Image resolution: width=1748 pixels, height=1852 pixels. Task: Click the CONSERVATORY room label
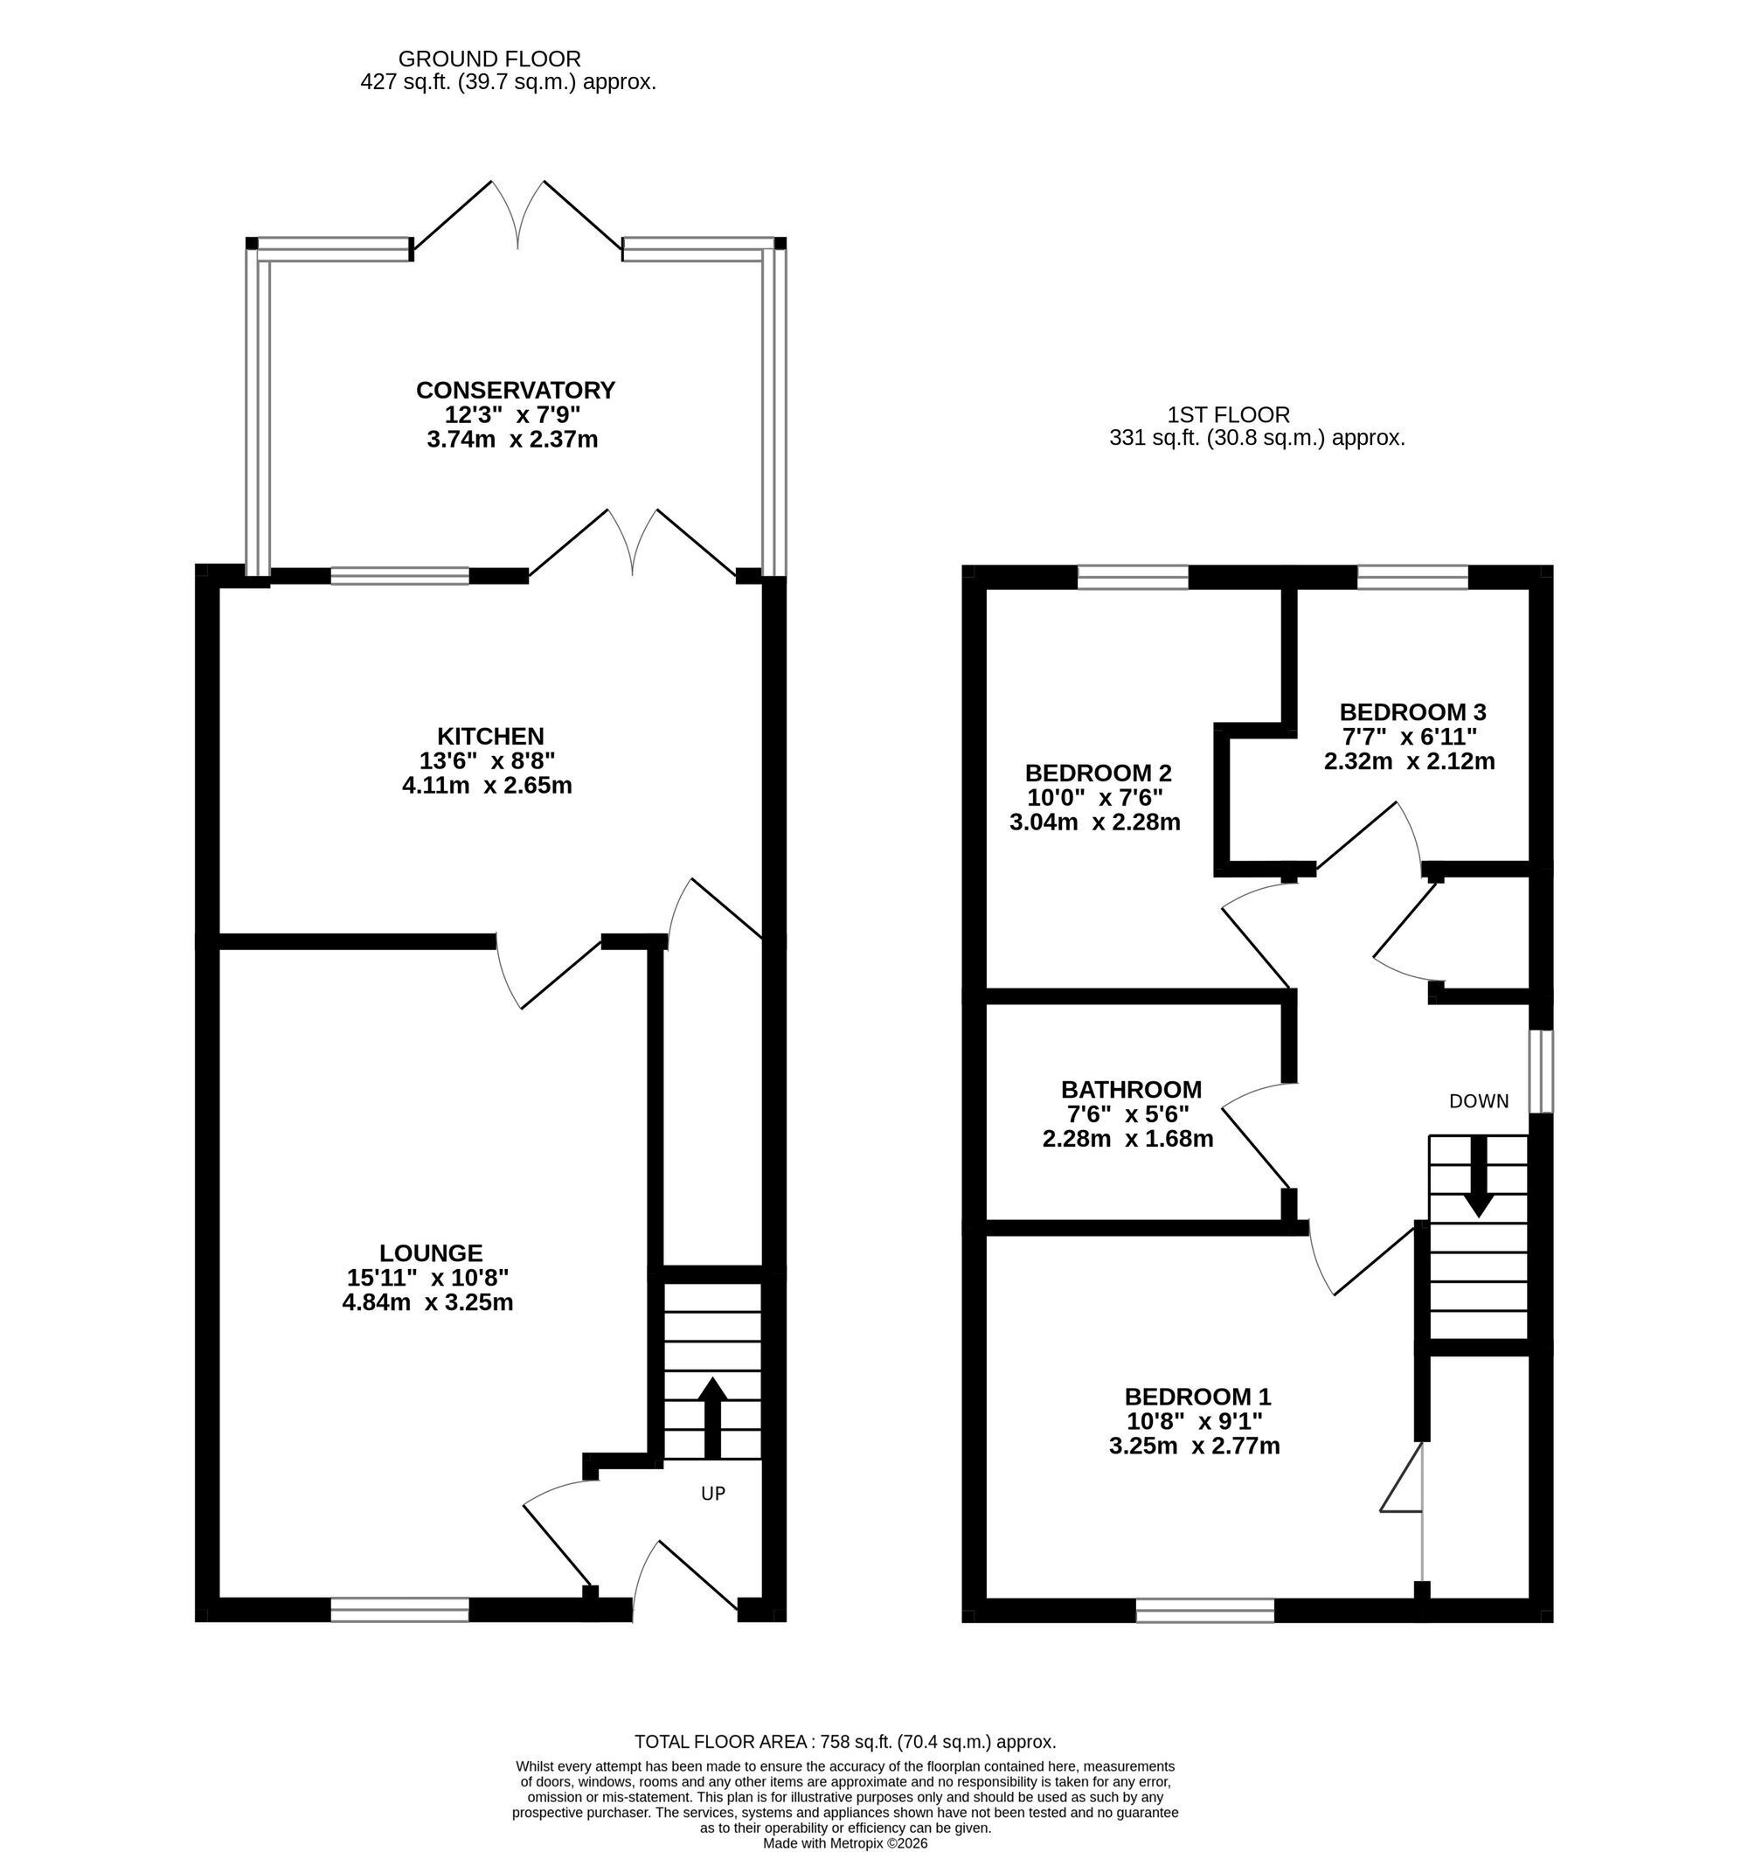coord(516,390)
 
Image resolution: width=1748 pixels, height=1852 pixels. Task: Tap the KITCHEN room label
coord(490,736)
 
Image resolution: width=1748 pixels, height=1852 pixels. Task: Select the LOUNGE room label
coord(431,1253)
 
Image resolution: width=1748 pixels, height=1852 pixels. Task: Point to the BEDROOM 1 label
coord(1197,1397)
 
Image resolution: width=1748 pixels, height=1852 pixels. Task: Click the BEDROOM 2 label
coord(1098,773)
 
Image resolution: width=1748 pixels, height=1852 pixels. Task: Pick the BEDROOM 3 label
coord(1412,711)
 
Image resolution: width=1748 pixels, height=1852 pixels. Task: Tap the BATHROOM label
coord(1131,1089)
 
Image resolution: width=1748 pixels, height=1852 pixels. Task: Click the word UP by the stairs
coord(713,1494)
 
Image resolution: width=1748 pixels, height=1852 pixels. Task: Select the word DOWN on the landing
coord(1479,1101)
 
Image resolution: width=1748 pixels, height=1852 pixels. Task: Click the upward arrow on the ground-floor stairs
coord(713,1418)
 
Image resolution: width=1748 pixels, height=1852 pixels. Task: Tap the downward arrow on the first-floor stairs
coord(1479,1177)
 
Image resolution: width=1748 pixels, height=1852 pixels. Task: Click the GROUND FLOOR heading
coord(489,59)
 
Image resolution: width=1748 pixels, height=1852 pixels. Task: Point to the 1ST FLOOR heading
coord(1228,414)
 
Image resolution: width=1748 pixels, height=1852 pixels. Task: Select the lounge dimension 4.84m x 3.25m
coord(427,1301)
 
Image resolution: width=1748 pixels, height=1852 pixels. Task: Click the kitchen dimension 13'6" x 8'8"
coord(488,760)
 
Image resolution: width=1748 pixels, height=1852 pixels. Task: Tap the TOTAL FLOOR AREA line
coord(845,1741)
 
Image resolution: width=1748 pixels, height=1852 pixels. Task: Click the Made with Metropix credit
coord(845,1842)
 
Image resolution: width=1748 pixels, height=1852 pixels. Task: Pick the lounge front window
coord(399,1609)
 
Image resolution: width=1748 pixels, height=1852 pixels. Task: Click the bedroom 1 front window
coord(1204,1610)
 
